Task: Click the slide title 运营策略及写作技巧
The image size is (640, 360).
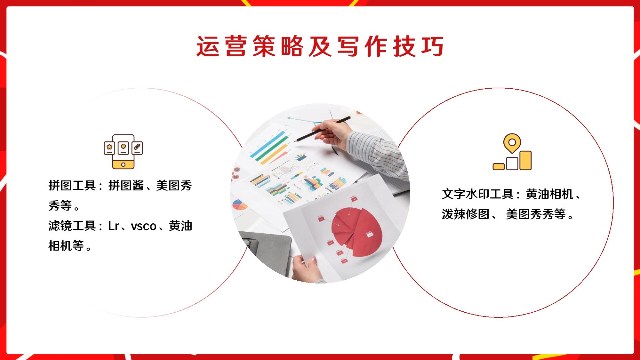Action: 320,46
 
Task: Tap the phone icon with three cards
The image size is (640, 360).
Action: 123,152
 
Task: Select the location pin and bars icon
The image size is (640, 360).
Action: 512,152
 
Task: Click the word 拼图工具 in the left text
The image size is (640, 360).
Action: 72,186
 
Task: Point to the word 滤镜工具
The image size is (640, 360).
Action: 72,226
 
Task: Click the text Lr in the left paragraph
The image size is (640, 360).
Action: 113,226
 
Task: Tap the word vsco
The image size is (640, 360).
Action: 144,227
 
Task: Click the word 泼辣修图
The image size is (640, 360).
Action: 466,214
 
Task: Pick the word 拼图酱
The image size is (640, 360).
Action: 126,186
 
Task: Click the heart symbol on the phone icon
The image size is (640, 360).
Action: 123,148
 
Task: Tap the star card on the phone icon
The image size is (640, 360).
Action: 109,148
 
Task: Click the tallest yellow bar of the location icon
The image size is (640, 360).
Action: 526,160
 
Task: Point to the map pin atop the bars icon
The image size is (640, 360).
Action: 512,143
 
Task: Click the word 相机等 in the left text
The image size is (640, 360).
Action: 66,246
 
